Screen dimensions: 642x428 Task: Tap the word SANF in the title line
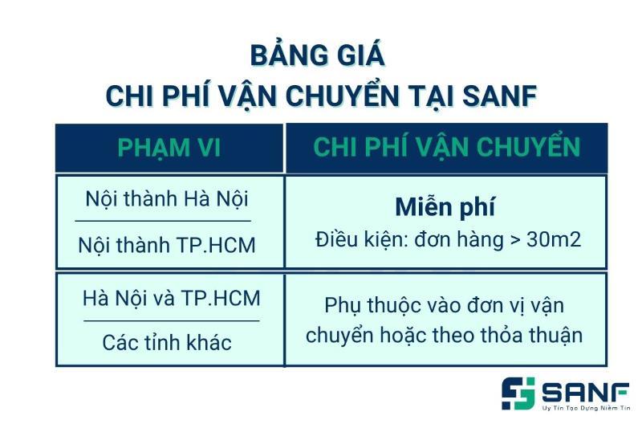(x=499, y=96)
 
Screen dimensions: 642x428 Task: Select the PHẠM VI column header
(x=169, y=148)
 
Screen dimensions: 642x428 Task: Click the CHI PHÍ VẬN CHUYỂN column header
(x=447, y=146)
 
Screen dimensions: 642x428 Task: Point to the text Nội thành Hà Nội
(x=167, y=199)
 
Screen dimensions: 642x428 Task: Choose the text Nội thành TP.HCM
(x=167, y=245)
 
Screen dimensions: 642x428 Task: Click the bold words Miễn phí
(x=445, y=207)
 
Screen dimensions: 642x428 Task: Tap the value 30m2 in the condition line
(x=554, y=239)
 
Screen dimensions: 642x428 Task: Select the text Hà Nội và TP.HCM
(x=172, y=298)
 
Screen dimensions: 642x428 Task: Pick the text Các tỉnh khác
(x=167, y=342)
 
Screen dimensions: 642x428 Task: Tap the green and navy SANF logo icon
(x=518, y=393)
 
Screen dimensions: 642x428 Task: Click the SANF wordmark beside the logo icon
(x=586, y=393)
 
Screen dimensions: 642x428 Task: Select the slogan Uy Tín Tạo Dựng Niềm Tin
(x=586, y=408)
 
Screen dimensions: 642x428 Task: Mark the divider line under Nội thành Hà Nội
(x=163, y=221)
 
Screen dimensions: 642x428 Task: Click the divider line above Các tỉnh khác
(x=172, y=320)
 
